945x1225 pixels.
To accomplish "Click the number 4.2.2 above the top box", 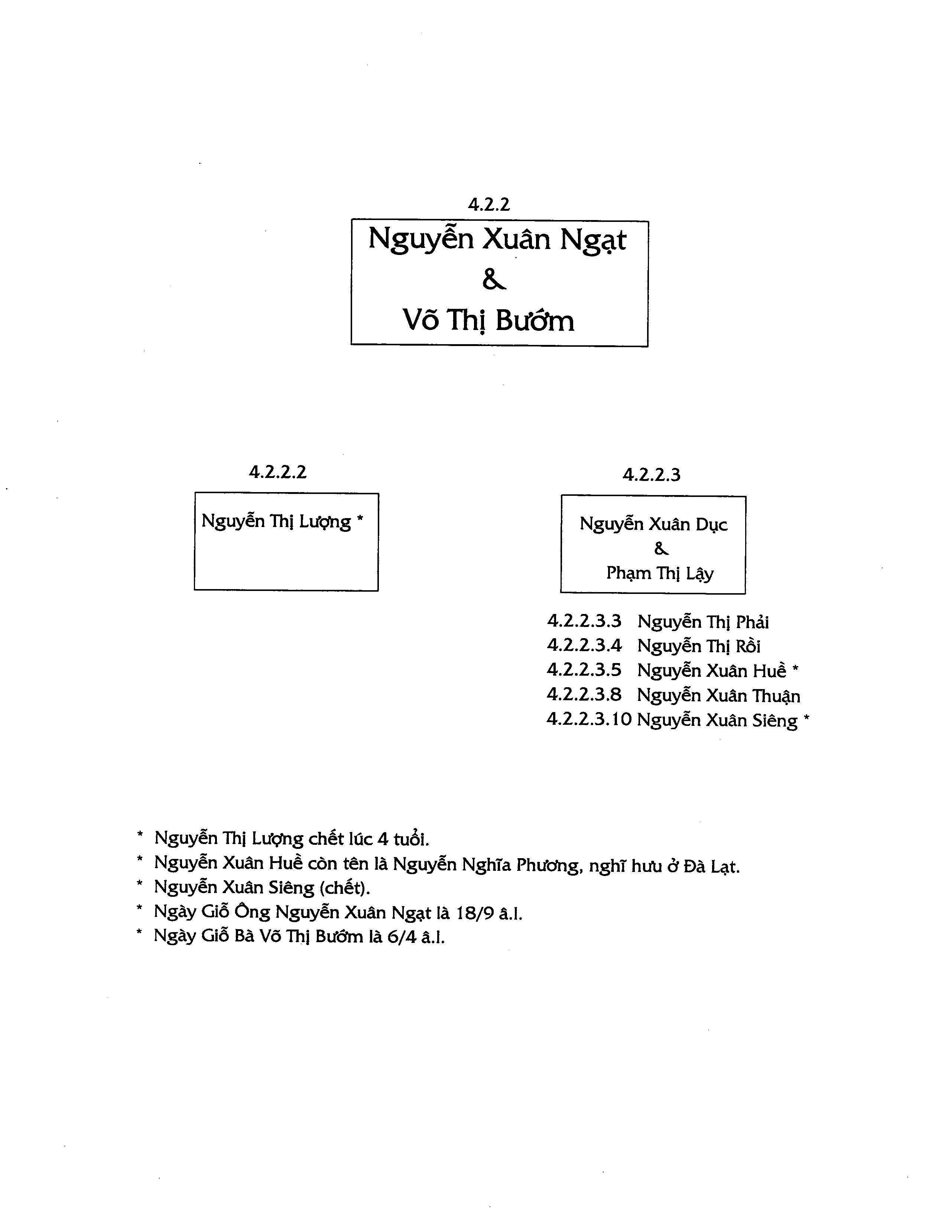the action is (x=489, y=204).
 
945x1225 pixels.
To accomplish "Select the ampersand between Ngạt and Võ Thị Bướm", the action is (x=494, y=280).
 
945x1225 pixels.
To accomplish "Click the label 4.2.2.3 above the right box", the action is (x=651, y=475).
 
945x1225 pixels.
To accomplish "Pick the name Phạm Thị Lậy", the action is (x=660, y=573).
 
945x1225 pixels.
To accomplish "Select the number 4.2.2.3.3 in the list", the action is (x=584, y=621).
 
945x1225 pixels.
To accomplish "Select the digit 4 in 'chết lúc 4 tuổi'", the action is (x=383, y=839).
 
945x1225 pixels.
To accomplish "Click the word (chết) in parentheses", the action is (x=344, y=887).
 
